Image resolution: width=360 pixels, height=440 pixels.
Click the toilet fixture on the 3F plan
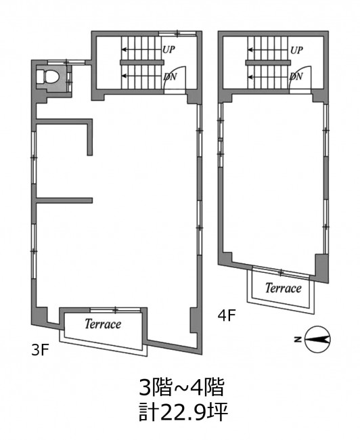51,76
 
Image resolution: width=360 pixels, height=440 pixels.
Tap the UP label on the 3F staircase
168,49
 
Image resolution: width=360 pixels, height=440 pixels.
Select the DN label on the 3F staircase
170,76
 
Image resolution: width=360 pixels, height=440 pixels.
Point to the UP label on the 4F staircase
296,51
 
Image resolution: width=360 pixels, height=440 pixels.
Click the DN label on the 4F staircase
296,76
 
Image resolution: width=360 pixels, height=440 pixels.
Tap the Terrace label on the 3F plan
103,324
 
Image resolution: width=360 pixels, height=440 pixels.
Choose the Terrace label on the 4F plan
284,288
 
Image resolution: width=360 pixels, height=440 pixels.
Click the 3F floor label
41,350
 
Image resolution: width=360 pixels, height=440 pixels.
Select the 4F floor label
227,315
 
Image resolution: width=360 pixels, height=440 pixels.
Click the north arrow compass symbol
317,339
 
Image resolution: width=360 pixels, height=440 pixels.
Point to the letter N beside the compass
298,339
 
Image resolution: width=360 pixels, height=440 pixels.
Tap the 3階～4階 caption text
182,387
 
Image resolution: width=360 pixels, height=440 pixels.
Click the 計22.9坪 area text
183,412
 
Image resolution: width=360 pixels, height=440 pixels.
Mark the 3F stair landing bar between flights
141,62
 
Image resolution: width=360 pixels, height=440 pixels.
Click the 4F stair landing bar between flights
268,62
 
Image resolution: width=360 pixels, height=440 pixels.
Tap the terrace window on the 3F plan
115,310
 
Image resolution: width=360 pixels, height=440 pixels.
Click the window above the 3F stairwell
177,34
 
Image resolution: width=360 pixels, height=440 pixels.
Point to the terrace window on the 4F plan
281,272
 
